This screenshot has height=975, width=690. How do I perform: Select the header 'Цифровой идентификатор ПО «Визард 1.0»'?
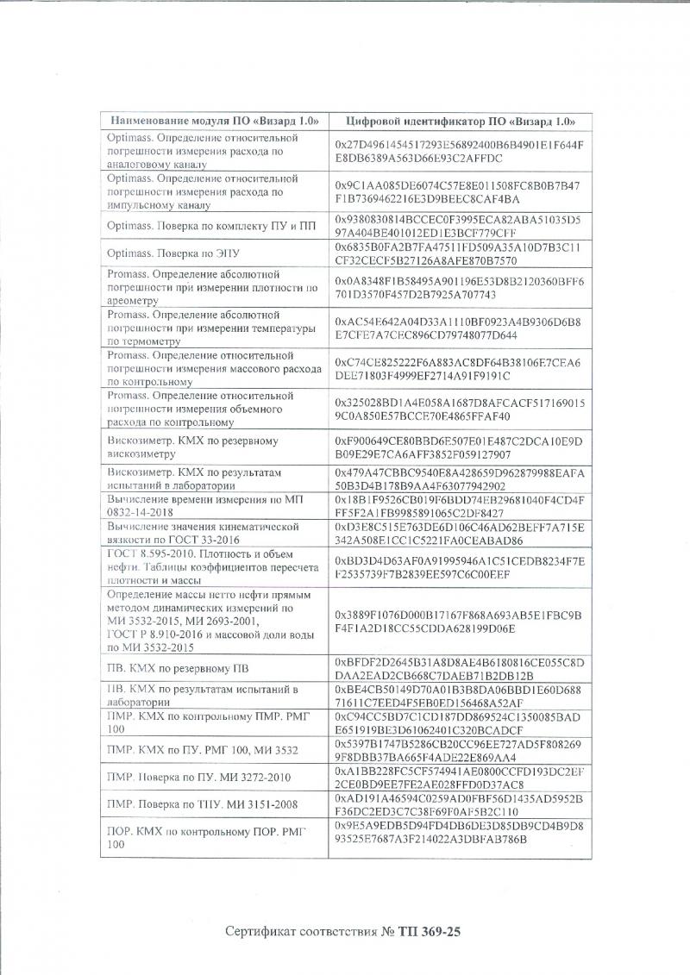[x=455, y=121]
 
